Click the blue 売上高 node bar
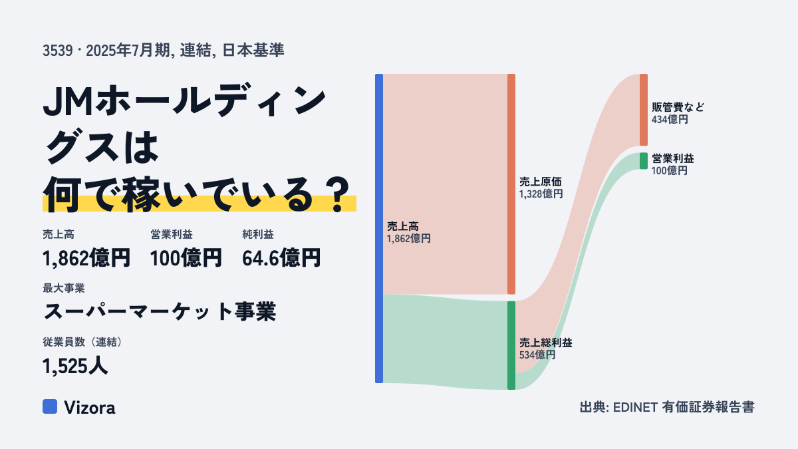pos(379,228)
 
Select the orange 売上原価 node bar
pos(511,184)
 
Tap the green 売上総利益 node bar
pos(511,345)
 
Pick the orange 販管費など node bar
pos(644,110)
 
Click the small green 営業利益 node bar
pos(644,161)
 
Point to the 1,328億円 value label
pos(541,194)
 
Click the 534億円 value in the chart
pos(537,355)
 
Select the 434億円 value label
pos(670,119)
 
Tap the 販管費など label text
pos(678,107)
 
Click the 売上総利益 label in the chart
pos(546,343)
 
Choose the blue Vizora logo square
pos(50,406)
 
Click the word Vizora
pos(90,408)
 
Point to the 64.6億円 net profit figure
pos(281,258)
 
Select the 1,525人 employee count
pos(75,366)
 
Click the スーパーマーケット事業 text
pos(160,311)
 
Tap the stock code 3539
pos(58,51)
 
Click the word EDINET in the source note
pos(635,407)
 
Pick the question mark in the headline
pos(338,194)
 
